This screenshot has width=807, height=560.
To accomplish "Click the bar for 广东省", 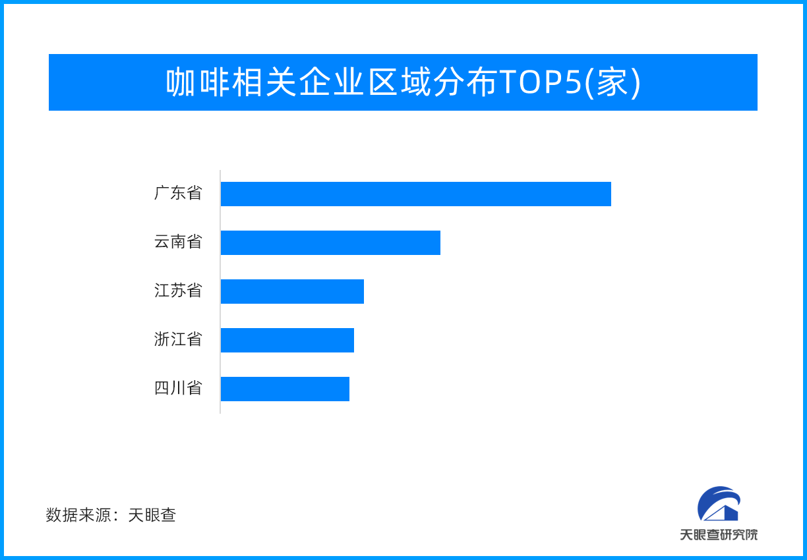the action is pyautogui.click(x=416, y=194).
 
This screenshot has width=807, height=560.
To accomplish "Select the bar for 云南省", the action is pyautogui.click(x=330, y=243).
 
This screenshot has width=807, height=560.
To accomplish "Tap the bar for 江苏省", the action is pyautogui.click(x=292, y=291).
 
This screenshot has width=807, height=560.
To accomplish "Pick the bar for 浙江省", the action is pyautogui.click(x=287, y=341).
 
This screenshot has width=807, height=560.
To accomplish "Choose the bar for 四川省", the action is pyautogui.click(x=285, y=389).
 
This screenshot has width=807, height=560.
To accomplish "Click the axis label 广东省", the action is pyautogui.click(x=178, y=193).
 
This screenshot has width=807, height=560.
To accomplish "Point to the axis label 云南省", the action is pyautogui.click(x=178, y=242).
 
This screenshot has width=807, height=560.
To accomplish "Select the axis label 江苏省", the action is pyautogui.click(x=178, y=291).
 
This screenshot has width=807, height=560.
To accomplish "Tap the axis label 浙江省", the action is pyautogui.click(x=178, y=339).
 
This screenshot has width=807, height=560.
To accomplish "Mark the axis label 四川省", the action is pyautogui.click(x=178, y=388).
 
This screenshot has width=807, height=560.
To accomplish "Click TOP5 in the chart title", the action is pyautogui.click(x=541, y=82).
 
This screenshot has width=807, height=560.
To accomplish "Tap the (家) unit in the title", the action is pyautogui.click(x=613, y=83).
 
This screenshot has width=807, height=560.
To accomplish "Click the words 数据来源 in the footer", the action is pyautogui.click(x=78, y=515).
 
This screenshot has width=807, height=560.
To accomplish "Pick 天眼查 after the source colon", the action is pyautogui.click(x=152, y=515).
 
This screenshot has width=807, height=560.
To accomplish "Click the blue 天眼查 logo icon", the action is pyautogui.click(x=719, y=503).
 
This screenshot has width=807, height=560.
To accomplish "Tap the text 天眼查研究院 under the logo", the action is pyautogui.click(x=719, y=535).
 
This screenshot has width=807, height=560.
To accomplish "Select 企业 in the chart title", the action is pyautogui.click(x=331, y=82).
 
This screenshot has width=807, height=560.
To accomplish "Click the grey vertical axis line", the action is pyautogui.click(x=220, y=292).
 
